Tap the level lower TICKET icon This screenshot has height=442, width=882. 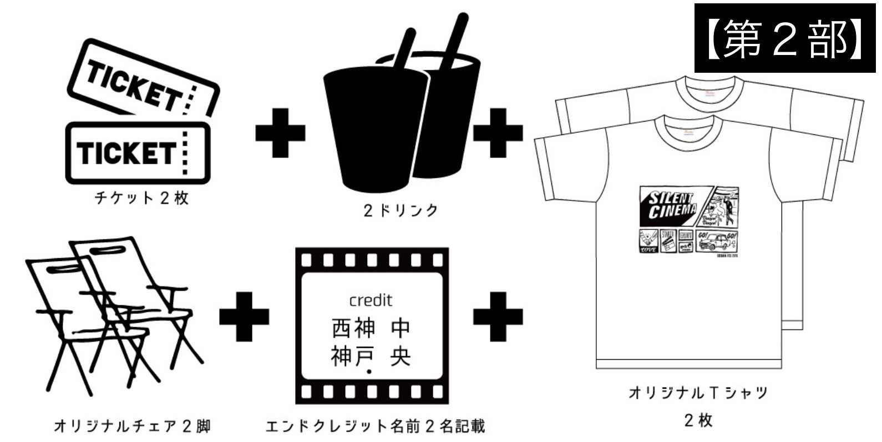pyautogui.click(x=137, y=153)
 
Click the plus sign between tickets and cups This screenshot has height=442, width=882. pyautogui.click(x=280, y=132)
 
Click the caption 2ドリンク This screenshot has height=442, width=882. pyautogui.click(x=401, y=210)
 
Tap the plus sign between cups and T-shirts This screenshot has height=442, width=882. pyautogui.click(x=498, y=132)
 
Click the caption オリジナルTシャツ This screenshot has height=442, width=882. pyautogui.click(x=698, y=393)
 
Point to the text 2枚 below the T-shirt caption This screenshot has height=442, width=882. pyautogui.click(x=698, y=420)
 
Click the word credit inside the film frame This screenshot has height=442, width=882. pyautogui.click(x=371, y=300)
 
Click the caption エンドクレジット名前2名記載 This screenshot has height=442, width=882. pyautogui.click(x=376, y=426)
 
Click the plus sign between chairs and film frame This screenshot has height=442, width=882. pyautogui.click(x=244, y=316)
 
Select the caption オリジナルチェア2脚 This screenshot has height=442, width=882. pyautogui.click(x=132, y=426)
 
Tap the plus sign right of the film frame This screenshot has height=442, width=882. pyautogui.click(x=498, y=316)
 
